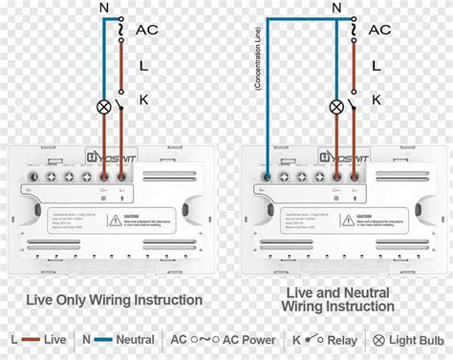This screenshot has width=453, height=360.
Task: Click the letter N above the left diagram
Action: tap(104, 10)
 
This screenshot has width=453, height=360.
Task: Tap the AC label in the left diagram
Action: tap(146, 30)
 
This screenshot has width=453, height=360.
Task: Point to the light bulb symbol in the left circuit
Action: tap(104, 107)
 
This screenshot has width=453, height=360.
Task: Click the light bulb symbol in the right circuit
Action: tap(336, 107)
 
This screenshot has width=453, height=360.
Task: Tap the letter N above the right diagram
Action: tap(335, 9)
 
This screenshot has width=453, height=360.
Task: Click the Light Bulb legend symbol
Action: tap(378, 339)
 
